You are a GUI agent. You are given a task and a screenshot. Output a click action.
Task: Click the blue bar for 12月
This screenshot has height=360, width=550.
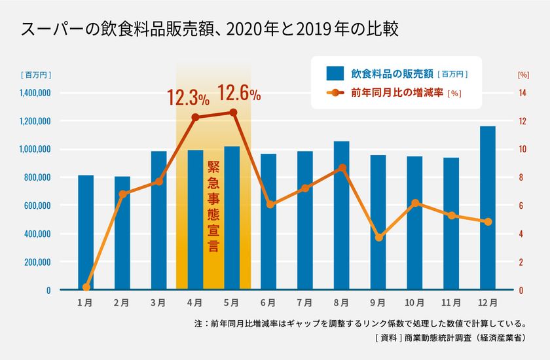click(x=488, y=208)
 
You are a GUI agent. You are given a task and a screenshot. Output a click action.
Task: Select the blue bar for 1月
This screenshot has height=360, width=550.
click(x=86, y=232)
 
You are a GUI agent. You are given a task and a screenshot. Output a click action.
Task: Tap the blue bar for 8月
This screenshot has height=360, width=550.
click(x=341, y=215)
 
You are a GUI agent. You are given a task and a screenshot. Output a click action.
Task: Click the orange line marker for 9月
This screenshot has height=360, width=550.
click(x=378, y=237)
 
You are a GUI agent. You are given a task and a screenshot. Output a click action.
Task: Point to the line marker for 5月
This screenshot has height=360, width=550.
click(x=232, y=113)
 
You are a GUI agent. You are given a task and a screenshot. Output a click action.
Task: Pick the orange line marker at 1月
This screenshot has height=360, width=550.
click(x=86, y=287)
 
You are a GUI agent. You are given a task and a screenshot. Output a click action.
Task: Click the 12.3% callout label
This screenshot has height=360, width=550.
click(x=188, y=99)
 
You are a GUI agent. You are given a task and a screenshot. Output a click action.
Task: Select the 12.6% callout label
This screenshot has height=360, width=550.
click(x=239, y=94)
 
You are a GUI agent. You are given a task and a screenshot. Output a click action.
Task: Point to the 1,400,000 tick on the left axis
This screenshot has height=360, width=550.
click(x=31, y=93)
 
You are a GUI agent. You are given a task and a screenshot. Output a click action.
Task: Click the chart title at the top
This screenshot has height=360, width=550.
click(x=210, y=29)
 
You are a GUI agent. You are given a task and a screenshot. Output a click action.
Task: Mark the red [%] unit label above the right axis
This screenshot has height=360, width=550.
click(x=522, y=75)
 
